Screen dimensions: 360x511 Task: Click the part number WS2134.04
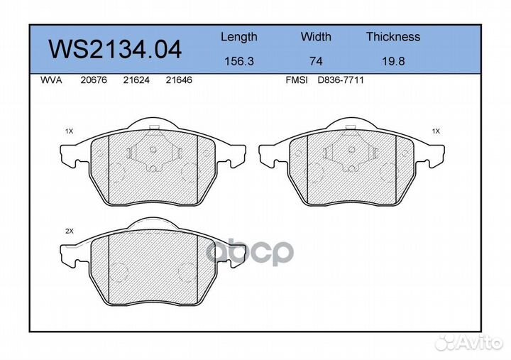114,49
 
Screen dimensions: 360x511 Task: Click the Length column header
238,37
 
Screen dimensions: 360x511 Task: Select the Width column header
316,37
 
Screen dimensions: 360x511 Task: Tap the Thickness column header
392,37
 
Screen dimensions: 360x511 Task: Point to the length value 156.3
238,62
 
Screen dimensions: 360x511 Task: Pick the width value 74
316,62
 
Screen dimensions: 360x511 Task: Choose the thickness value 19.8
392,62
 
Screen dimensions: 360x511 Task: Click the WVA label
52,80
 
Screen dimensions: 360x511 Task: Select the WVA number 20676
93,80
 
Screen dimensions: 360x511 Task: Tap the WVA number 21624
136,80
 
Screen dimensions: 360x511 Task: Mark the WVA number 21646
178,80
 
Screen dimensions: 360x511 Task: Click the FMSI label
296,80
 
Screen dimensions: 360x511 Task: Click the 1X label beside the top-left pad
69,131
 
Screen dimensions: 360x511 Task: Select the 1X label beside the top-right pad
436,131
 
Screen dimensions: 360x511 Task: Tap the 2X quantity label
69,231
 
